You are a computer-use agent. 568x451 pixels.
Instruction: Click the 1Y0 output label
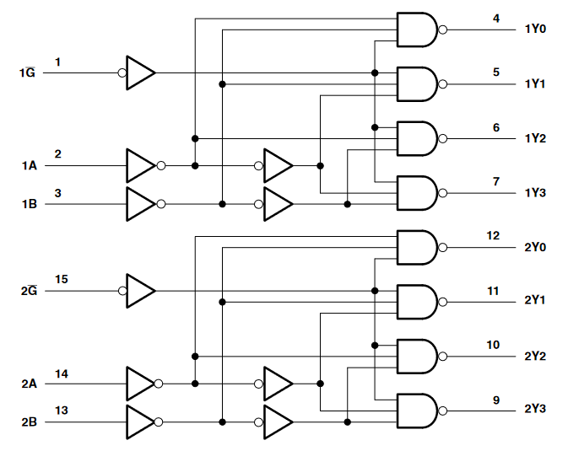[535, 29]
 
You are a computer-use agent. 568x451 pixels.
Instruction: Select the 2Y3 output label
[535, 409]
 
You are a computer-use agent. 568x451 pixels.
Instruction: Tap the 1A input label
[29, 166]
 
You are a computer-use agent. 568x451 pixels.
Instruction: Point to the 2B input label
[29, 421]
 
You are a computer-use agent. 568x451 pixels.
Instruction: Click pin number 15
[62, 278]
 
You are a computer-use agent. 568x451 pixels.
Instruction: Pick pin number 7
[496, 181]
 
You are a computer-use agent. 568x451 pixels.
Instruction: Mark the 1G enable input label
[27, 73]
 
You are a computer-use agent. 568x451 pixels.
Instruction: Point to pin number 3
[57, 193]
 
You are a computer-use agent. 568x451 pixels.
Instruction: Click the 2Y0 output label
[535, 248]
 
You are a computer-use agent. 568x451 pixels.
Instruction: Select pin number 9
[496, 400]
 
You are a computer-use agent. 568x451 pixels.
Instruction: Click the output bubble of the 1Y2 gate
[443, 138]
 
